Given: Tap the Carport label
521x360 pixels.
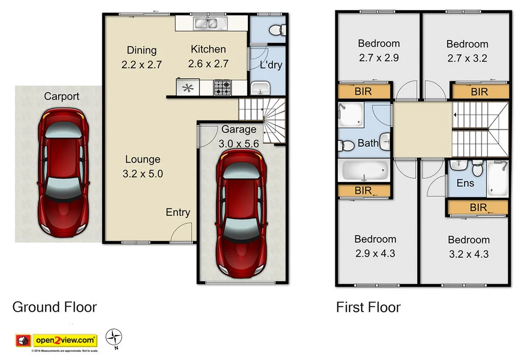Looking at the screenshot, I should [62, 96].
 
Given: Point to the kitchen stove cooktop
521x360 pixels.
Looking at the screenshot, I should [222, 88].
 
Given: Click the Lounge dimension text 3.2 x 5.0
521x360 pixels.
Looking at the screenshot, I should [142, 174].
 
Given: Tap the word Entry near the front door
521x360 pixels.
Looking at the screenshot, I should [178, 212].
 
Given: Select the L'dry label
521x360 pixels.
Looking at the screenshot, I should [271, 65].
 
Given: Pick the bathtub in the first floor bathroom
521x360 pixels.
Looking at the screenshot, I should [364, 171].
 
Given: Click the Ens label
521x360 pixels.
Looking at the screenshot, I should [465, 183].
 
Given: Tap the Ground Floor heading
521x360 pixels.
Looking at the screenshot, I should [54, 307].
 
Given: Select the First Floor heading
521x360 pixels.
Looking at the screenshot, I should [368, 307].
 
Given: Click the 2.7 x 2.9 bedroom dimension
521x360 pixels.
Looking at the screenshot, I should [379, 58].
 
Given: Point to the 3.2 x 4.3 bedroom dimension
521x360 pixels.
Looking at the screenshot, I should [468, 254].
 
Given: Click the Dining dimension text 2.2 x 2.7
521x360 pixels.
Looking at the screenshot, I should [141, 65].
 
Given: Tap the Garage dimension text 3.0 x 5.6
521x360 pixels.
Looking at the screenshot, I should [239, 144].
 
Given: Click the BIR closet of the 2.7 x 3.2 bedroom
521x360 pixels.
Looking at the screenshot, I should [480, 92].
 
